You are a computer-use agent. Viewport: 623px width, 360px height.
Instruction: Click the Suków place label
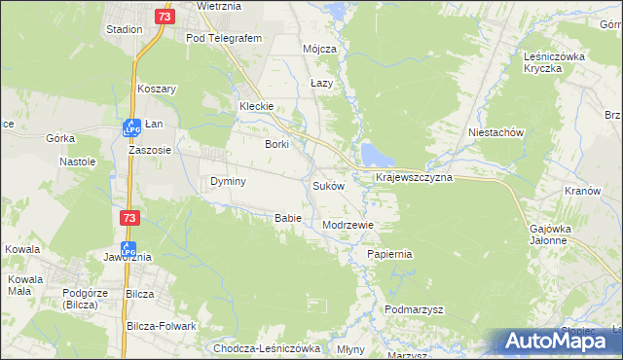(328, 186)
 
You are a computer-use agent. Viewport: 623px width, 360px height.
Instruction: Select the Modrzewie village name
(348, 224)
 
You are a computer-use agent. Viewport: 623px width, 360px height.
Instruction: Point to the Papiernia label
(389, 254)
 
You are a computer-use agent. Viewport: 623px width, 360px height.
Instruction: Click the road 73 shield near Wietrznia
(164, 17)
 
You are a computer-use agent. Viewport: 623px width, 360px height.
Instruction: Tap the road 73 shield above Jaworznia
(128, 221)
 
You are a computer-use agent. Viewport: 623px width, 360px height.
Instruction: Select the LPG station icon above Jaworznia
(128, 248)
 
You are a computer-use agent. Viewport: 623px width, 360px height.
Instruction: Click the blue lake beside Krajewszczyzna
(374, 154)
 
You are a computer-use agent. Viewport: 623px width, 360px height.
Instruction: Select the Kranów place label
(582, 191)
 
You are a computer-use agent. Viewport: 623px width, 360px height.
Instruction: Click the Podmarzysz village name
(414, 309)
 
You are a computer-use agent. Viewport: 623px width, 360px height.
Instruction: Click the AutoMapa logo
(559, 341)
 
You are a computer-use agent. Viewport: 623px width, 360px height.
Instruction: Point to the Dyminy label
(228, 182)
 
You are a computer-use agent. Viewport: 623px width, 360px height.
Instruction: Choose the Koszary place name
(156, 89)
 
